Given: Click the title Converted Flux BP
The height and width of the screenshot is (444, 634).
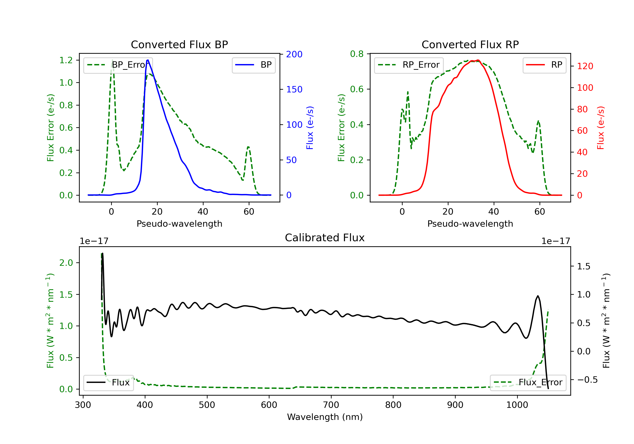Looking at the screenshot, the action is (x=179, y=44).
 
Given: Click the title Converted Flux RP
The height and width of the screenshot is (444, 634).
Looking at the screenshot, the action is (x=470, y=44).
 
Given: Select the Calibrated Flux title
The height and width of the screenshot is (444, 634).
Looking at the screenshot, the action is (x=325, y=238).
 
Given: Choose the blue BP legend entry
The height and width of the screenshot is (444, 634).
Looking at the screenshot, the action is (x=253, y=65).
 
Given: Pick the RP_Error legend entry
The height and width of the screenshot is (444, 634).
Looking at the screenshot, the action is (x=409, y=65).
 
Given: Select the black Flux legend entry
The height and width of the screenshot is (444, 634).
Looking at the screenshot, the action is (x=108, y=382).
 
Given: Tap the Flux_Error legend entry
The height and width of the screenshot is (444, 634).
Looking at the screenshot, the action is (x=528, y=382).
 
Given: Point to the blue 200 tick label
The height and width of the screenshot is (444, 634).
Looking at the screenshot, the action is (x=294, y=54).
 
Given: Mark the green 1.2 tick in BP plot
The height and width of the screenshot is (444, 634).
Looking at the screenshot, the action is (x=66, y=60).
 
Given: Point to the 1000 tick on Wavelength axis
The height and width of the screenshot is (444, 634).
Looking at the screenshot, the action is (x=517, y=405).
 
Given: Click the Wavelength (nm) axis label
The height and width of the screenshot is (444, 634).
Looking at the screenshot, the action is (x=325, y=417).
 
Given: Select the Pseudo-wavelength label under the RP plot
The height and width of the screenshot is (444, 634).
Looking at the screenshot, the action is (x=470, y=223).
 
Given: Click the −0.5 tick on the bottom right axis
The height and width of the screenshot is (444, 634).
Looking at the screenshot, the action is (x=587, y=380).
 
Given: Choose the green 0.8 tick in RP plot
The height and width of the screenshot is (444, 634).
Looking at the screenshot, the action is (x=357, y=54).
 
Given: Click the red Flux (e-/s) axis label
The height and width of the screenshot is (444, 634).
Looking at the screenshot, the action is (x=601, y=128).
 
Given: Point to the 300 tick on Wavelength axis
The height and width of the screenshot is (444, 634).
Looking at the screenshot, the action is (x=83, y=405).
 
